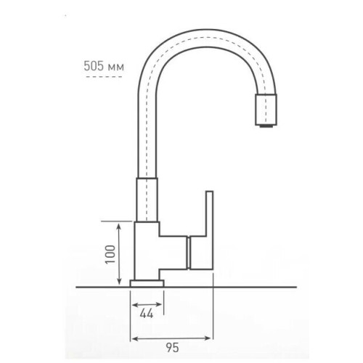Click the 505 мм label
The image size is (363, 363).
click(104, 66)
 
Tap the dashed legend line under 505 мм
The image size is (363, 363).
click(104, 77)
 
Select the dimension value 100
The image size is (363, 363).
click(110, 254)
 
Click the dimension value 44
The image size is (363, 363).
click(147, 314)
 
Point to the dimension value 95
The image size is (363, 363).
click(172, 348)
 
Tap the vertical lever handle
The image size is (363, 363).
click(202, 230)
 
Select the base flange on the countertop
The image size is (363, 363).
click(147, 283)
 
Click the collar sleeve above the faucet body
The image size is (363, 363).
click(147, 200)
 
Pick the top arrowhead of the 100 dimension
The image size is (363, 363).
click(119, 227)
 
